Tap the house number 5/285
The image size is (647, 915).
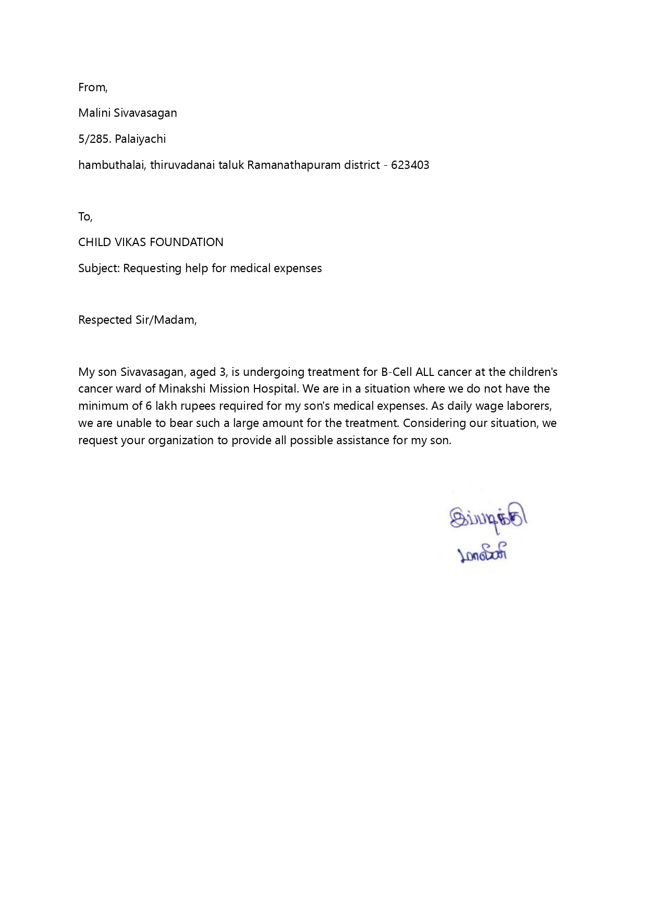(94, 139)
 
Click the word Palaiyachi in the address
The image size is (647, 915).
(140, 139)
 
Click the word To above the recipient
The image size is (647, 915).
(84, 217)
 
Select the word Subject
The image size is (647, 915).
(99, 269)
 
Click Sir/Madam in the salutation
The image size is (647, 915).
(166, 320)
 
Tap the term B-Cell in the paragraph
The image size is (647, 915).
(396, 372)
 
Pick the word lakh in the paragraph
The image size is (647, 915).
(167, 406)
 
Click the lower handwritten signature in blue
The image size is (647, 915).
(482, 554)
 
